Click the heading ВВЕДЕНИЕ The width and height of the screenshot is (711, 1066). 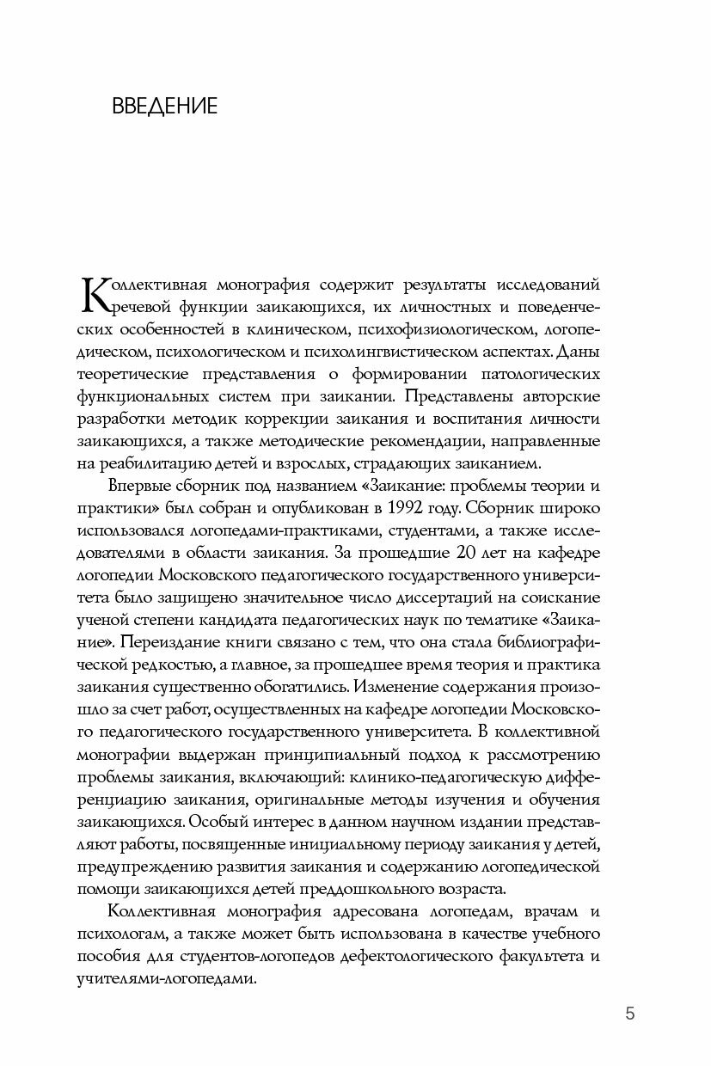tap(164, 107)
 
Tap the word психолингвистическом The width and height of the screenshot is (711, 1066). tap(403, 352)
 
